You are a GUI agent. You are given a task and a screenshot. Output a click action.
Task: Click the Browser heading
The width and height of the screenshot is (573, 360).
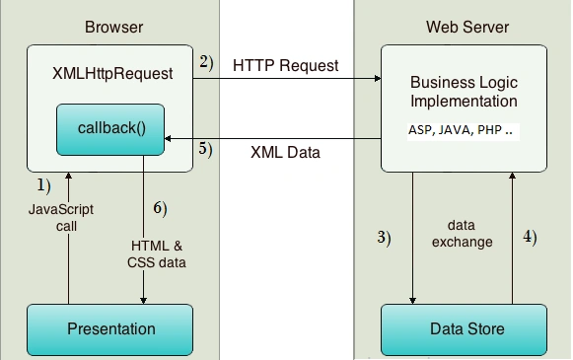point(114,27)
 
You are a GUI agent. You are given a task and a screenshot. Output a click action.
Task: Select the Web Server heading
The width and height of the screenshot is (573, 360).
point(467,27)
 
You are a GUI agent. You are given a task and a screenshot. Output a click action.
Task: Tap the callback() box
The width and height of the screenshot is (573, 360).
point(110,130)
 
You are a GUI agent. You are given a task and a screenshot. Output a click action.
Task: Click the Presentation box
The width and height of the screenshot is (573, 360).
point(110,329)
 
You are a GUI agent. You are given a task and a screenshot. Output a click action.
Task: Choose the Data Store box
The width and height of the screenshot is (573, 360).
point(465,329)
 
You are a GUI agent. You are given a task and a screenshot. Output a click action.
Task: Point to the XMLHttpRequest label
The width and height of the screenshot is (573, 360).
point(112,73)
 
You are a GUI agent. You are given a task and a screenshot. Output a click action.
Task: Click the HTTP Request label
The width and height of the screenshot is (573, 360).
point(285,65)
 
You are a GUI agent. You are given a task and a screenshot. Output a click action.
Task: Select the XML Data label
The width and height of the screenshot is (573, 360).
point(285,153)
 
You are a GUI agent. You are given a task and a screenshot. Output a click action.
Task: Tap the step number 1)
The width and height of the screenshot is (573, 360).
point(43,185)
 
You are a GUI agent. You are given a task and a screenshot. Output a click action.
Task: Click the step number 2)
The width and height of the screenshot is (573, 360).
point(206,62)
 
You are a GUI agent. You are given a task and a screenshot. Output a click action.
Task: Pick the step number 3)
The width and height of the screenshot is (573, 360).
point(384,238)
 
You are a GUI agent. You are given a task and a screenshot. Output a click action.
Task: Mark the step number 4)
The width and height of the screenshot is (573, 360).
point(530,237)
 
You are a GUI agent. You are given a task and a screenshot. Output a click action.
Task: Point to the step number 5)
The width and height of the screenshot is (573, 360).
point(205,149)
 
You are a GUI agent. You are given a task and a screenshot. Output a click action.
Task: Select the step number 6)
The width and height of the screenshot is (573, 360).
point(160,208)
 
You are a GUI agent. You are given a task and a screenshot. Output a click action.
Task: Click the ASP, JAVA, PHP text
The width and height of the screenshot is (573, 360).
point(461,130)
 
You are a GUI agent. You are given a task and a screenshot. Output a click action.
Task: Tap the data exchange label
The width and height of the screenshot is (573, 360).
point(462,234)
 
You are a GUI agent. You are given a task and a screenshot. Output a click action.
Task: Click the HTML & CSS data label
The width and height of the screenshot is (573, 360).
point(157,254)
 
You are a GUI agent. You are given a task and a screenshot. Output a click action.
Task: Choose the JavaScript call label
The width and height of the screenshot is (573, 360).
point(61,217)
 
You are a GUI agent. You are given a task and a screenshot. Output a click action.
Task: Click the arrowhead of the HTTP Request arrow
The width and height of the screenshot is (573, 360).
point(378,79)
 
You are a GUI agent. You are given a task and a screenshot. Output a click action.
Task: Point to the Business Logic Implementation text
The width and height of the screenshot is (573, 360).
point(464,92)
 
